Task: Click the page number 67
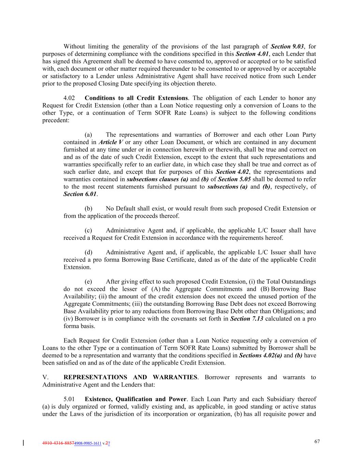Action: [x=317, y=441]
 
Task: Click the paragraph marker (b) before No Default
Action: [x=88, y=209]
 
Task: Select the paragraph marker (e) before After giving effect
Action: [x=88, y=282]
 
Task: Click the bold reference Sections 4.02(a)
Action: [x=260, y=355]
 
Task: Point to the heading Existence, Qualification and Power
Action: [x=135, y=399]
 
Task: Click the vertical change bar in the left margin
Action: [x=23, y=443]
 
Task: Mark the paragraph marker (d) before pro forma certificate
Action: [x=88, y=252]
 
